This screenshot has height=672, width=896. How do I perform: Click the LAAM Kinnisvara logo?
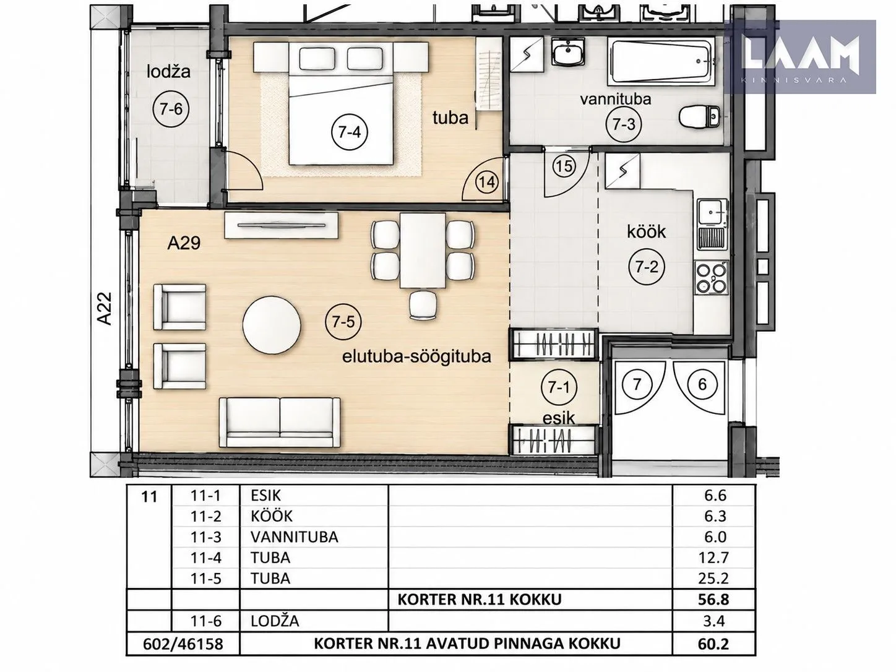click(800, 57)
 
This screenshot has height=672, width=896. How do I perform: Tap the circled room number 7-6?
click(171, 109)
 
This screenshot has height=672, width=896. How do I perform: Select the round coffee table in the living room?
click(272, 325)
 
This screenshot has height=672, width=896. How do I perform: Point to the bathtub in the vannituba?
click(661, 62)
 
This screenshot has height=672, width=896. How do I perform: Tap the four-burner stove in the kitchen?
click(711, 277)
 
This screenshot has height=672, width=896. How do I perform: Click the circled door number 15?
click(564, 166)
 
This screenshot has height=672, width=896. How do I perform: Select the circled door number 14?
click(488, 182)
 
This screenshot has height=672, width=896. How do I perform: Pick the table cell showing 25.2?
click(715, 578)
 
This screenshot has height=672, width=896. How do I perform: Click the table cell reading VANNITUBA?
click(295, 537)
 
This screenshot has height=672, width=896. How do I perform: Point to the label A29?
click(184, 243)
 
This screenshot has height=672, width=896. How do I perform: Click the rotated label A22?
click(105, 308)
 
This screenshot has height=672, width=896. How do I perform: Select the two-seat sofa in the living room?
click(280, 423)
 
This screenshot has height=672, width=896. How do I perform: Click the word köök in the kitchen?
click(646, 232)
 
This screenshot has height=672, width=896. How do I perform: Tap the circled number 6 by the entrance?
click(702, 384)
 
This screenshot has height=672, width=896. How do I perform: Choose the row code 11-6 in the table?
click(205, 621)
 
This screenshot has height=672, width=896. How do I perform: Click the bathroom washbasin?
click(568, 52)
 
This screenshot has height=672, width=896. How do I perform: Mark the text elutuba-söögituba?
click(416, 358)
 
